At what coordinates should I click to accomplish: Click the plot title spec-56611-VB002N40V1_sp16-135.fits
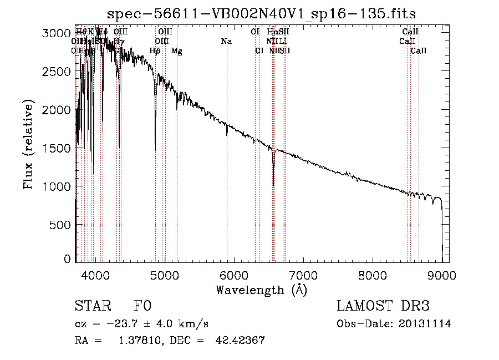click(x=262, y=13)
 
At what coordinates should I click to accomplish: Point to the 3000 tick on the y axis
click(x=75, y=33)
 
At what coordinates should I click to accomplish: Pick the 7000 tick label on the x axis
click(x=303, y=275)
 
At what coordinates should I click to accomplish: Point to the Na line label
click(x=226, y=42)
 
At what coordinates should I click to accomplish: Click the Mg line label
click(x=176, y=51)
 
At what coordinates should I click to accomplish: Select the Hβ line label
click(x=155, y=51)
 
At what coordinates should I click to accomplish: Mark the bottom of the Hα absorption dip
click(x=273, y=185)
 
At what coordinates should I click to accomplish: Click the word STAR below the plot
click(x=93, y=307)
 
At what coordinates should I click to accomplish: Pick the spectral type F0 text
click(x=142, y=307)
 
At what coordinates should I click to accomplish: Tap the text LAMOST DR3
click(x=383, y=307)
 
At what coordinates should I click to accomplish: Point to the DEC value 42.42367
click(x=240, y=341)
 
